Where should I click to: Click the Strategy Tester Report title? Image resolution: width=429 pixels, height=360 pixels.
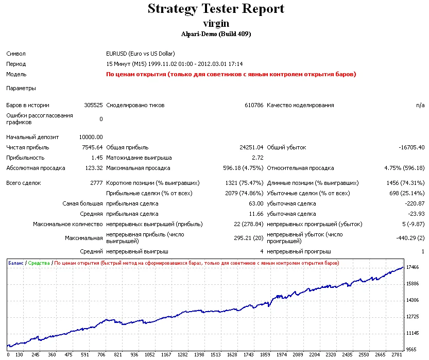click(x=216, y=9)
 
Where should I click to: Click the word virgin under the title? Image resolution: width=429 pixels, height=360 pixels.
click(x=216, y=23)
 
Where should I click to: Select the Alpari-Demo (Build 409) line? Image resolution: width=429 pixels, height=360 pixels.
click(x=216, y=34)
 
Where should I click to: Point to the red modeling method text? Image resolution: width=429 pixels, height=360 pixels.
click(x=231, y=74)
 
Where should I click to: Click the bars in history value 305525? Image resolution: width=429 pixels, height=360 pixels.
click(x=93, y=105)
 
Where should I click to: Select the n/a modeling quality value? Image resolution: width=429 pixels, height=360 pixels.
click(x=420, y=105)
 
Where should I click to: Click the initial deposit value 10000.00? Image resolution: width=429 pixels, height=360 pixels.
click(x=91, y=137)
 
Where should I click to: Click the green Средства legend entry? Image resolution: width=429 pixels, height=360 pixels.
click(x=39, y=263)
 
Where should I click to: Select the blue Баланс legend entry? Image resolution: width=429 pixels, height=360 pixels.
click(x=16, y=263)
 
